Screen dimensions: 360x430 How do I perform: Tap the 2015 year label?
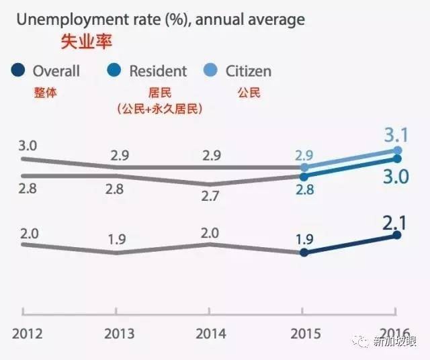pos(306,333)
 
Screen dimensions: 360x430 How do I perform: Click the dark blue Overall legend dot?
pos(19,71)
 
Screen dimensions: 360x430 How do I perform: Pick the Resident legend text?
pos(158,71)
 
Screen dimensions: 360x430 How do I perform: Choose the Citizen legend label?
pos(249,71)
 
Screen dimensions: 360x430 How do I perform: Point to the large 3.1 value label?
pos(398,134)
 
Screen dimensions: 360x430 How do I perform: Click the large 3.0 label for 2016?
pos(396,177)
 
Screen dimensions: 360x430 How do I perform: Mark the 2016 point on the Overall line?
pos(398,235)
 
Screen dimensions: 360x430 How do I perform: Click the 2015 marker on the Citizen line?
pos(304,167)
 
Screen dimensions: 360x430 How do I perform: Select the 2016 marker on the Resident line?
pos(398,159)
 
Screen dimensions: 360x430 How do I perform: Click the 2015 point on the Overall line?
pos(304,253)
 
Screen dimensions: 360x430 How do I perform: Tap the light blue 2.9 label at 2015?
pos(304,154)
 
